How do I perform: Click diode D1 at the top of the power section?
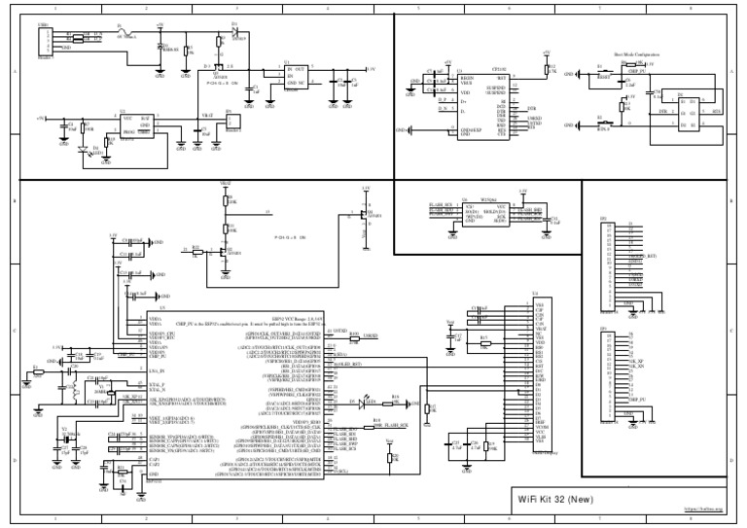(233, 29)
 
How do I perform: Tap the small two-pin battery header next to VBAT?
(231, 123)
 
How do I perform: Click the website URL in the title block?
(705, 508)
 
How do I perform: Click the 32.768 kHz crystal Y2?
(65, 439)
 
